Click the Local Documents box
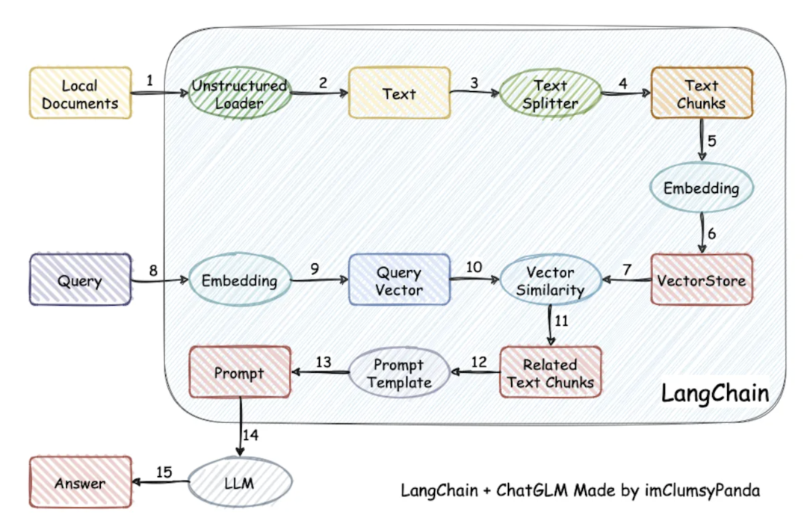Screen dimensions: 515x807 80,93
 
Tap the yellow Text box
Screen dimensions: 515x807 400,93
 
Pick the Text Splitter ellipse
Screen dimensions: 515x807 550,93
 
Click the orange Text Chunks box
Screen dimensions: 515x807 701,93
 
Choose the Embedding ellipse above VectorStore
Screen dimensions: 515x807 701,188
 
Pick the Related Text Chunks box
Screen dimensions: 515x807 551,372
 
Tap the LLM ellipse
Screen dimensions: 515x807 239,483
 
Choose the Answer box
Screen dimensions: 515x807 80,483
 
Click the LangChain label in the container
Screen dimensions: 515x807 714,394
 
